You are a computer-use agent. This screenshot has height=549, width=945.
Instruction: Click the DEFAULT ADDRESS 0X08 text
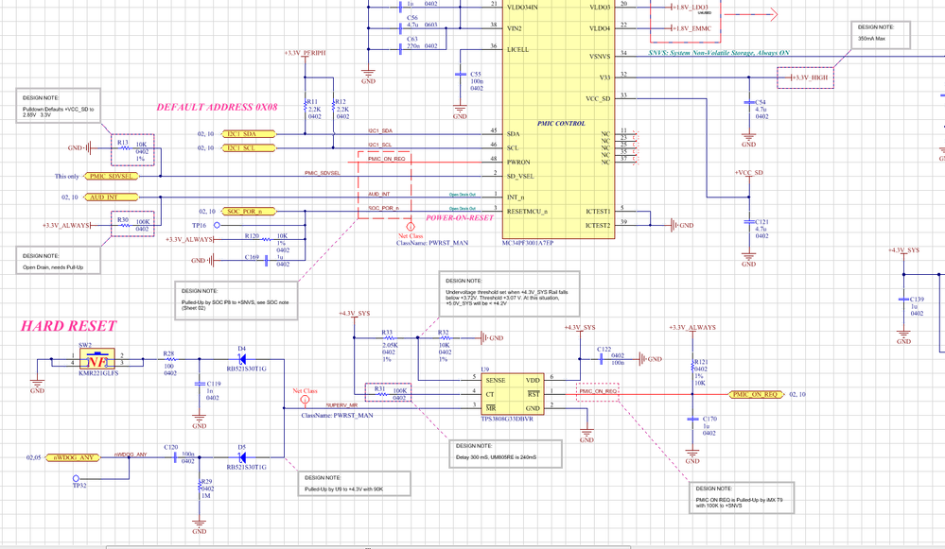coord(217,107)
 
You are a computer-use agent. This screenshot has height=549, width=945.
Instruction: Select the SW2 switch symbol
coord(96,360)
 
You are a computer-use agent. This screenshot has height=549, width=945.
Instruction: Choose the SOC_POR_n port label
coord(251,211)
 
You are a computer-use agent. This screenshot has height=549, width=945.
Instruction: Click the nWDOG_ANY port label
coord(72,457)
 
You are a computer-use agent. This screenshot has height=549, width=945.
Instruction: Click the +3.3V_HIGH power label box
coord(804,77)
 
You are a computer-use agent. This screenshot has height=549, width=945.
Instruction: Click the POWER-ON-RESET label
coord(460,217)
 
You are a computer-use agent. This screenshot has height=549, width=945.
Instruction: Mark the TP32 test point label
coord(79,485)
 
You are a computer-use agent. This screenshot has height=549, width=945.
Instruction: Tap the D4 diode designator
coord(242,349)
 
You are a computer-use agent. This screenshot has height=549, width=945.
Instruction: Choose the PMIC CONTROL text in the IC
coord(562,123)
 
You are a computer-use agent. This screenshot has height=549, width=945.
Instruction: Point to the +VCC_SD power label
coord(749,172)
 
